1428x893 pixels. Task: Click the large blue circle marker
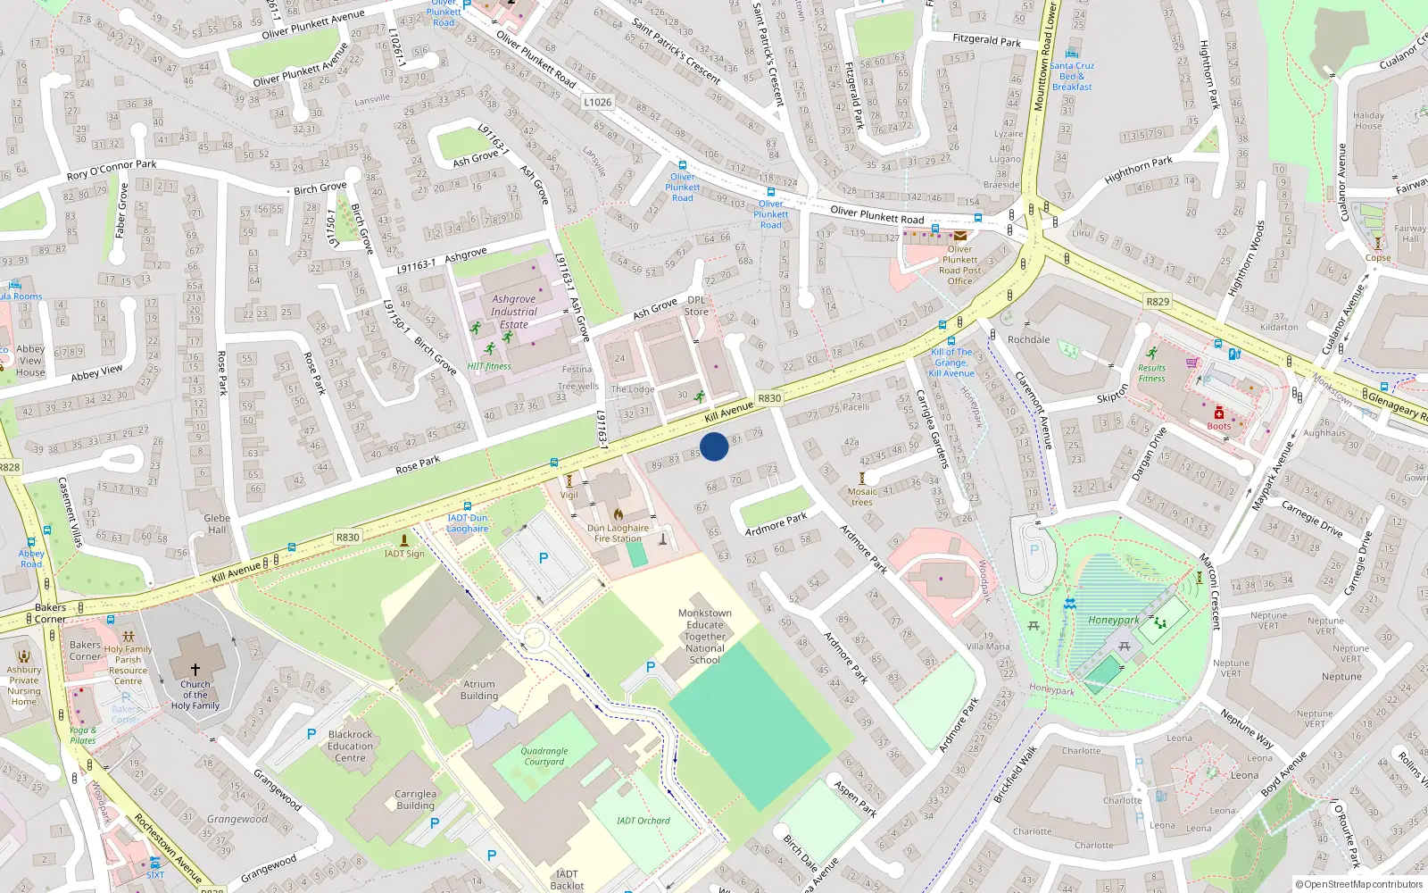coord(714,446)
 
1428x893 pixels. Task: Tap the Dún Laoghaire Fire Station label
coord(618,533)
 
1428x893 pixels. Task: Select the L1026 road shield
coord(598,102)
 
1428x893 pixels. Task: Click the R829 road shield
coord(1158,302)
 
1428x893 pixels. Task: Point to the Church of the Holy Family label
coord(195,695)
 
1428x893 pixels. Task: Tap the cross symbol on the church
coord(195,668)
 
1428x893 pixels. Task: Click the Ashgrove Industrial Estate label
coord(514,312)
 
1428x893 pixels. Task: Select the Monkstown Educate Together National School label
coord(705,637)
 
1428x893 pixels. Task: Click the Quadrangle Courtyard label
coord(544,756)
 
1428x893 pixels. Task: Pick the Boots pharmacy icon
coord(1218,413)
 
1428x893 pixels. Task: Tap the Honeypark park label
coord(1113,620)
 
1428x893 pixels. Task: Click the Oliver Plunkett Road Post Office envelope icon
coord(959,236)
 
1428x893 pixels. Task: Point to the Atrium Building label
coord(479,689)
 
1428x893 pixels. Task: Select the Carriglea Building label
coord(415,799)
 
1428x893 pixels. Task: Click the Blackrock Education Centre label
coord(350,746)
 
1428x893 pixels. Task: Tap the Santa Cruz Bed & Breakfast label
coord(1072,76)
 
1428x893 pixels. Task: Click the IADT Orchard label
coord(643,820)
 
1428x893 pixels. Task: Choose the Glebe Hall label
coord(217,523)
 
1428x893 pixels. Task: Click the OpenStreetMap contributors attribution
coord(1359,884)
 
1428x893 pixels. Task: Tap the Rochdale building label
coord(1028,339)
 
